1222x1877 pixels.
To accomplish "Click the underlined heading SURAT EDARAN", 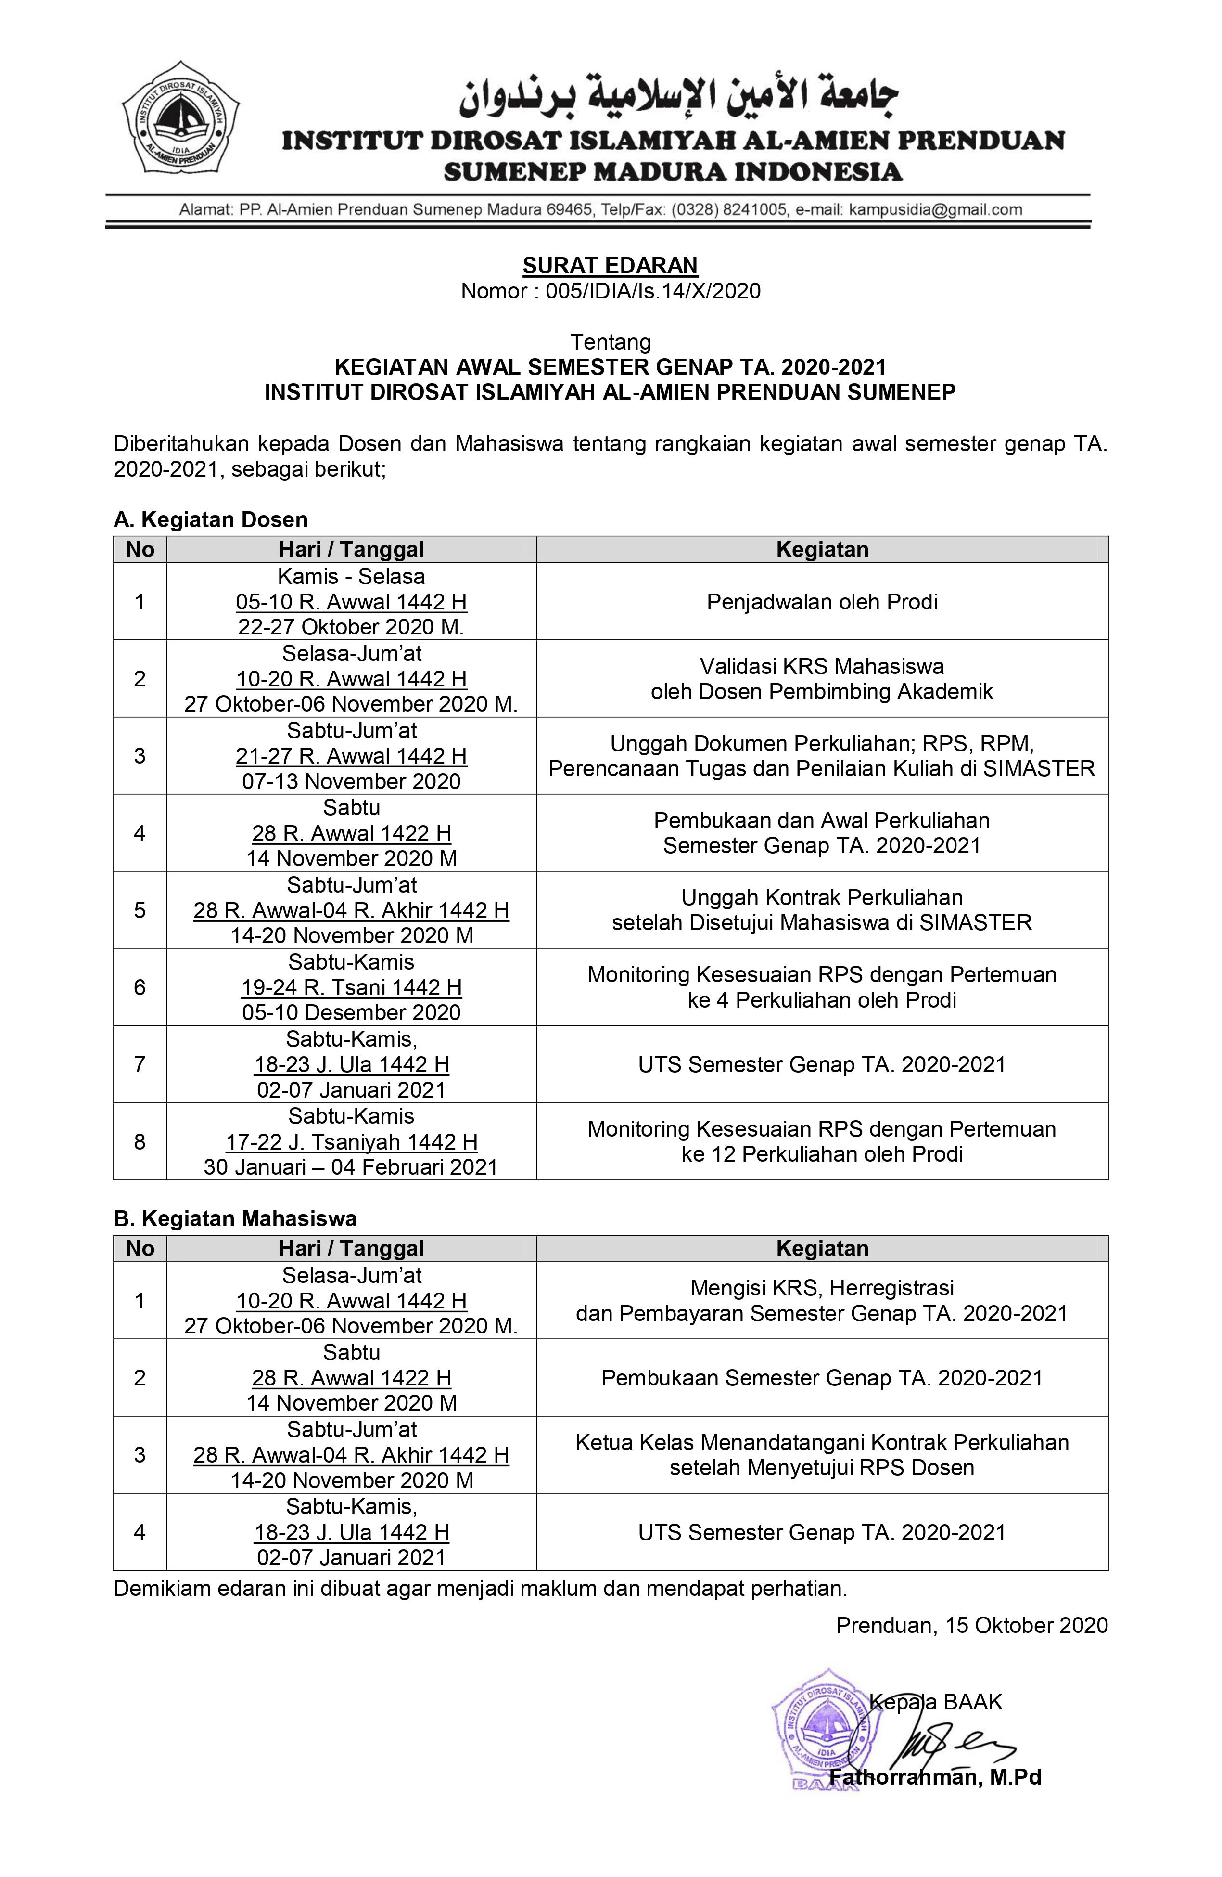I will pos(610,265).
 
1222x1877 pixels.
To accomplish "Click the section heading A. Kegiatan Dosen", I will pos(211,520).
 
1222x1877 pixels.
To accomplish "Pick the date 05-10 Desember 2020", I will pos(351,1012).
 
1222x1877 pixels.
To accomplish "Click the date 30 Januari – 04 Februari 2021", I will pos(351,1167).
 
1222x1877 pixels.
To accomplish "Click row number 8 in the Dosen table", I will pos(140,1141).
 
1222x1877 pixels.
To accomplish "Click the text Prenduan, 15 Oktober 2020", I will pos(971,1625).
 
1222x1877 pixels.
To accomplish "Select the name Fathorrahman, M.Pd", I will pos(935,1777).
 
